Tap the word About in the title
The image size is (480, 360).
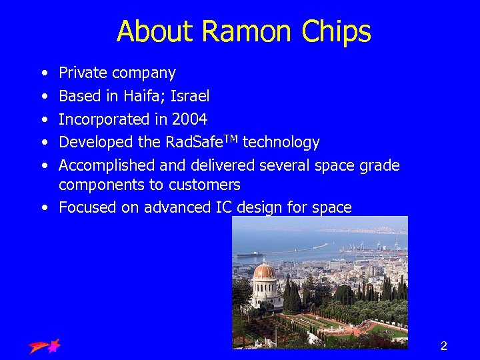[x=155, y=31]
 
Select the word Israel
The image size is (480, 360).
[x=190, y=96]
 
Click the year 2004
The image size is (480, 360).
[x=189, y=119]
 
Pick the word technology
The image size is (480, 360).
[x=281, y=143]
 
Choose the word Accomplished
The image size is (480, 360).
[x=107, y=165]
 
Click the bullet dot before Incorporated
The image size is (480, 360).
[x=43, y=120]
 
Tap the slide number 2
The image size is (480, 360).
[x=443, y=345]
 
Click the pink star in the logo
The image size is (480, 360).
[x=53, y=345]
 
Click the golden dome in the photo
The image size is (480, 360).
[x=264, y=271]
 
